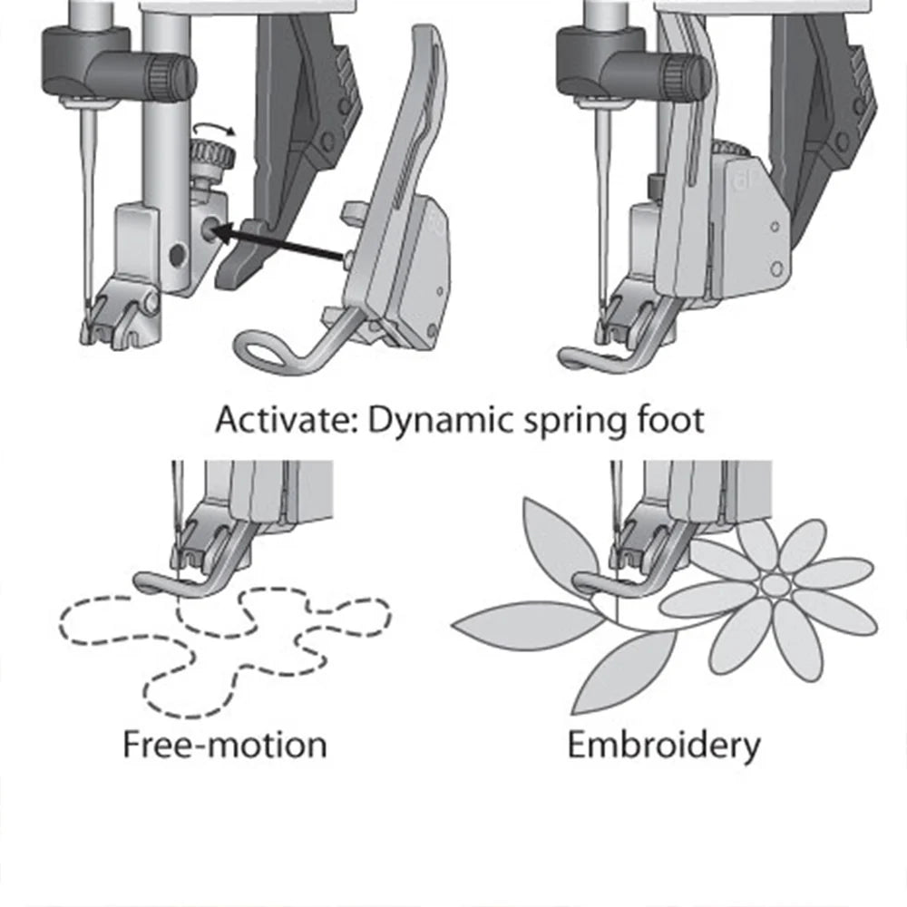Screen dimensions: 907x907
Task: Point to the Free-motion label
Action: pos(224,745)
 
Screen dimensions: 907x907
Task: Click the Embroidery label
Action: pos(664,745)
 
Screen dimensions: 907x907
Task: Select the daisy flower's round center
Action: pos(773,585)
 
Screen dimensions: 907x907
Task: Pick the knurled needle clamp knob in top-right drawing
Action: pos(686,76)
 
